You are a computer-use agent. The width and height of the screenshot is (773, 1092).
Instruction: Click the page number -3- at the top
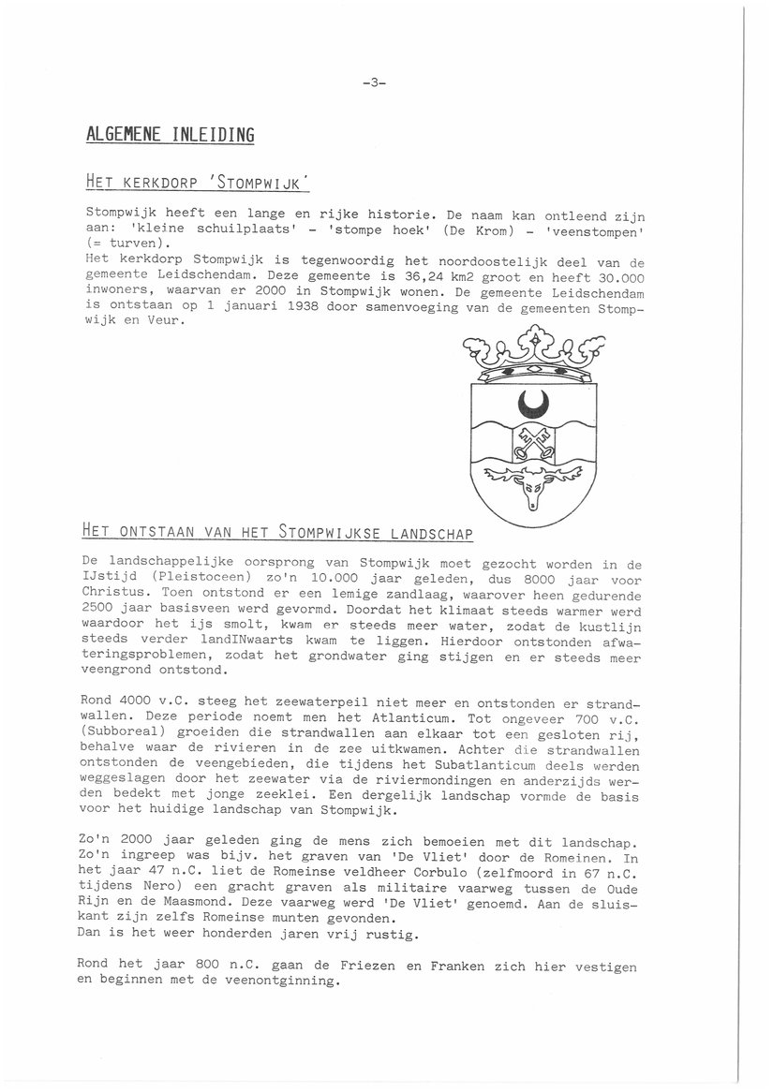pos(373,83)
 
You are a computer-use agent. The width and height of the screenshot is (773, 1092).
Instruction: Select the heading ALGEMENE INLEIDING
pos(170,135)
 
